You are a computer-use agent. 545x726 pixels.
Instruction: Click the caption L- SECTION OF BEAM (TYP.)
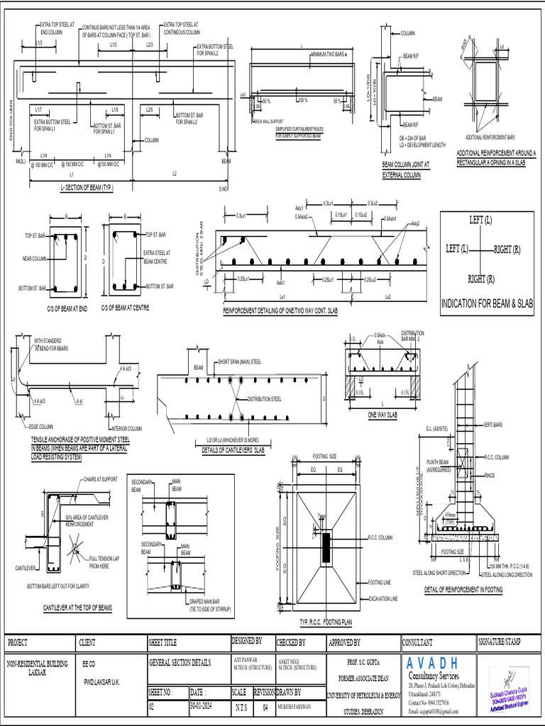[x=87, y=188]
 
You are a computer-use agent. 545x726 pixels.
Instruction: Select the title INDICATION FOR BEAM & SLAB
[x=487, y=303]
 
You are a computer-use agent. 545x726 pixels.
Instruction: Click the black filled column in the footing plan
[x=326, y=547]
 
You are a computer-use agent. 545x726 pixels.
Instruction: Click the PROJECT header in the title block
[x=18, y=642]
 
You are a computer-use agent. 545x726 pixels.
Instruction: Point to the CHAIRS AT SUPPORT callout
[x=100, y=480]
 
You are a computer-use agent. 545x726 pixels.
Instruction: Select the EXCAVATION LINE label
[x=383, y=598]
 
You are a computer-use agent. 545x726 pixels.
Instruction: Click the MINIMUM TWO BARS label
[x=329, y=54]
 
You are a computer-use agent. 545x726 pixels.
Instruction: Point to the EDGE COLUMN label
[x=40, y=427]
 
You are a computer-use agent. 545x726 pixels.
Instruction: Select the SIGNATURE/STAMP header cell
[x=500, y=642]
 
